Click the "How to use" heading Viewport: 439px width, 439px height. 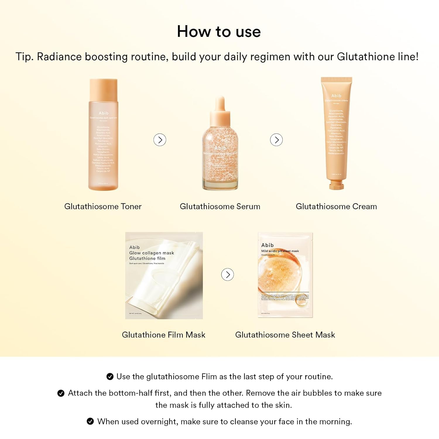pyautogui.click(x=219, y=32)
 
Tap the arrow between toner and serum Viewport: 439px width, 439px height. pyautogui.click(x=160, y=140)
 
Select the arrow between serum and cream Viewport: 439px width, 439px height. pyautogui.click(x=276, y=140)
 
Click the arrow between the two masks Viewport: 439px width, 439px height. pyautogui.click(x=227, y=275)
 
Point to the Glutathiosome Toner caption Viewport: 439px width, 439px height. pyautogui.click(x=103, y=207)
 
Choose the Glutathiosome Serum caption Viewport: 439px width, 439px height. pyautogui.click(x=220, y=207)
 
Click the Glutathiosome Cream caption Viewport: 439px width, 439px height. pyautogui.click(x=336, y=207)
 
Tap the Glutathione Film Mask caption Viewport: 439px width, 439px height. pyautogui.click(x=164, y=335)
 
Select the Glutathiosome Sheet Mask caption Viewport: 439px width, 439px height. pyautogui.click(x=285, y=335)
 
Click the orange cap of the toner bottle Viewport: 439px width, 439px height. pyautogui.click(x=103, y=89)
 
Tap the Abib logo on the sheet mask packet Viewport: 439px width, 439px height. pyautogui.click(x=267, y=245)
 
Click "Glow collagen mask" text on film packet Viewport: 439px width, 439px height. pyautogui.click(x=152, y=253)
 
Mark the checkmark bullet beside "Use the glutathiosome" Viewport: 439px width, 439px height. pyautogui.click(x=110, y=377)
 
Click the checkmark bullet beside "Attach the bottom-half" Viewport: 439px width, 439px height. pyautogui.click(x=61, y=393)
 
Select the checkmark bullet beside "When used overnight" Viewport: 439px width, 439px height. pyautogui.click(x=90, y=421)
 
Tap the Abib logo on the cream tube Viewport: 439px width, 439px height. pyautogui.click(x=336, y=96)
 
